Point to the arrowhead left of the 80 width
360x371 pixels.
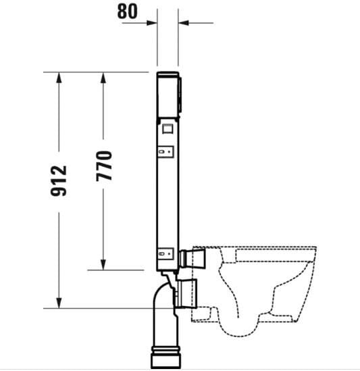click(152, 22)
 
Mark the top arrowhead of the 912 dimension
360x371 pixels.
click(59, 76)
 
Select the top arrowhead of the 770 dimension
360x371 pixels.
click(103, 76)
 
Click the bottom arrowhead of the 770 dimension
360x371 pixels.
click(103, 265)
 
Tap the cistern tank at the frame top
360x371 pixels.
click(168, 93)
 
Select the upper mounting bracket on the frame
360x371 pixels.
click(167, 152)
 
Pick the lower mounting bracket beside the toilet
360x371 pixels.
click(167, 255)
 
